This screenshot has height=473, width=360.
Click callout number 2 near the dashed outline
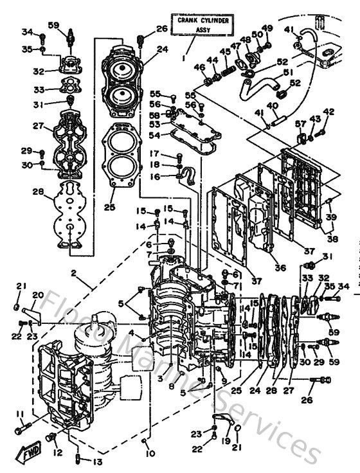click(75, 272)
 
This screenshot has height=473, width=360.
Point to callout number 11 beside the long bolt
click(21, 415)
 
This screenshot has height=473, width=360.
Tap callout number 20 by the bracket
click(38, 296)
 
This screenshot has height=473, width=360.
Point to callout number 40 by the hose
click(273, 105)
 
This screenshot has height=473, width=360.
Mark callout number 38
click(332, 238)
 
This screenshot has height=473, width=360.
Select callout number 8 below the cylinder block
click(171, 387)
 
